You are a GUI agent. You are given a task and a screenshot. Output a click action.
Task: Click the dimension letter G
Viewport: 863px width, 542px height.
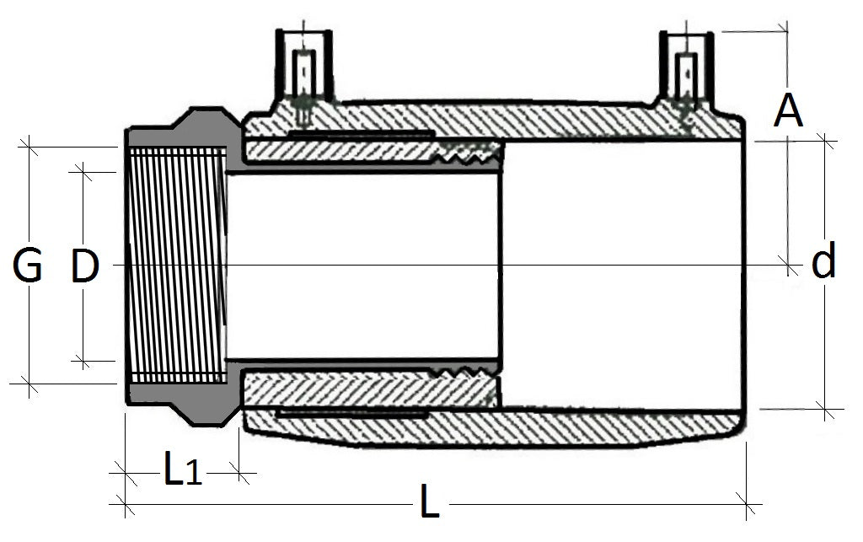point(28,267)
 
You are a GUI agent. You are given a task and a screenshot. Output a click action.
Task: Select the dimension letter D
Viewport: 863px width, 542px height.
point(84,267)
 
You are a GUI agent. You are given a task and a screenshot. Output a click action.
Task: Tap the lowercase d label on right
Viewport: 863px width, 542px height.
point(823,263)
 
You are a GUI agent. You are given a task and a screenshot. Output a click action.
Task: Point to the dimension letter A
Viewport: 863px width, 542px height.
point(788,110)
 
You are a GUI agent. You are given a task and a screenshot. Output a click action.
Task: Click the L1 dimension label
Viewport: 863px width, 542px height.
point(181,472)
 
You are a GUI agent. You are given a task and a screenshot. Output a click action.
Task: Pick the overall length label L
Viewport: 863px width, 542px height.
point(430,505)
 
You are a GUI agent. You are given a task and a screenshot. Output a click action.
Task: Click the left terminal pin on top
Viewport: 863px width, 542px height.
point(303,72)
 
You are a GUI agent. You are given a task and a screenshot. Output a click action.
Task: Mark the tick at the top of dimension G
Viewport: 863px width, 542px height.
point(29,146)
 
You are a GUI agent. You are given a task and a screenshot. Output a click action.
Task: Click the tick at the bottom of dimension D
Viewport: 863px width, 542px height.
point(82,361)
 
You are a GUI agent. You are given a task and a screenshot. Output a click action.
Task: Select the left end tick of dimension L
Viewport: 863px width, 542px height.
point(125,505)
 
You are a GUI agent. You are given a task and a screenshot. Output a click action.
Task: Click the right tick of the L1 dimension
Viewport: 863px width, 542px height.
point(243,474)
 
